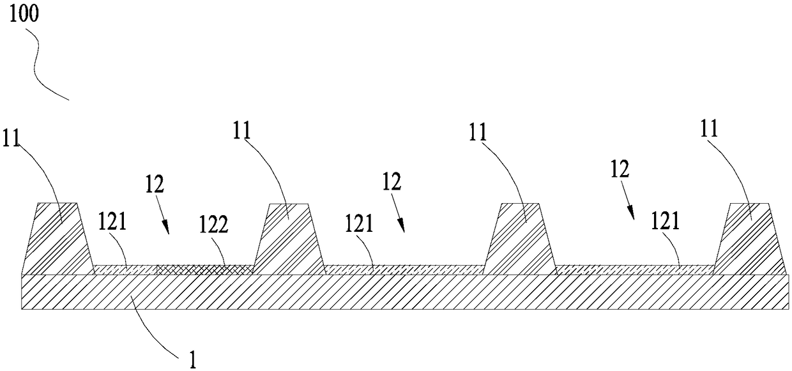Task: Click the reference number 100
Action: tap(24, 15)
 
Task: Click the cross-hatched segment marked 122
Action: tap(204, 270)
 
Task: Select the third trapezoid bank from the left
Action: tap(521, 239)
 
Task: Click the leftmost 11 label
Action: tap(12, 137)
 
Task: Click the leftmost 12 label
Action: tap(154, 185)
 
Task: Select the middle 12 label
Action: tap(392, 182)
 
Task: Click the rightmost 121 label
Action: tap(664, 222)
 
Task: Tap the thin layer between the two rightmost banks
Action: tap(636, 269)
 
